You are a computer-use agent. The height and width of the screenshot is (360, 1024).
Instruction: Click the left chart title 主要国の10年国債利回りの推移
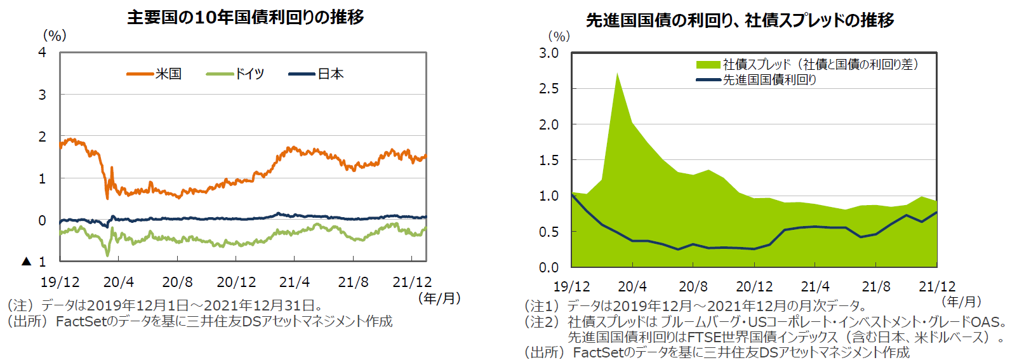tap(245, 17)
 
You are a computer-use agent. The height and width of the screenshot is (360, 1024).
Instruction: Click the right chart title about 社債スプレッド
tap(740, 20)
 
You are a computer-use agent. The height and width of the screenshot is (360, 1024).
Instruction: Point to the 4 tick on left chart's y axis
tap(42, 53)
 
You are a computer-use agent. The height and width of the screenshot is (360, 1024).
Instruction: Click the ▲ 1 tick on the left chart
tap(35, 262)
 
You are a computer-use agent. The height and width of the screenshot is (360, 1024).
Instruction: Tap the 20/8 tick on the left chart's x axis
tap(177, 282)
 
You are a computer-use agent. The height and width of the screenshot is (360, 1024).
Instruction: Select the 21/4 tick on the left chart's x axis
tap(295, 282)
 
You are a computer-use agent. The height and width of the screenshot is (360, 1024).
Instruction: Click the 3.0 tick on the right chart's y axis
tap(549, 53)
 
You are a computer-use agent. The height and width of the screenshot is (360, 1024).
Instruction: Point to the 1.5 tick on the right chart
tap(549, 161)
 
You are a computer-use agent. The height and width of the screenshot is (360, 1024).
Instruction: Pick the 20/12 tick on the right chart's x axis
tap(754, 287)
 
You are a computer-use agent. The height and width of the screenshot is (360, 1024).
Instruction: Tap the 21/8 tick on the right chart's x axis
tap(876, 287)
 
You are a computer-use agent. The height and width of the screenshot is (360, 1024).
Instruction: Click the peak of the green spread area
tap(617, 74)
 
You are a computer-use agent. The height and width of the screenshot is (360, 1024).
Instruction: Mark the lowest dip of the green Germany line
tap(107, 255)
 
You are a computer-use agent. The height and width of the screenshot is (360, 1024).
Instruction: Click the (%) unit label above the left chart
tap(55, 36)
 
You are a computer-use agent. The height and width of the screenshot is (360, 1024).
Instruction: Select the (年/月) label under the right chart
tap(961, 302)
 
